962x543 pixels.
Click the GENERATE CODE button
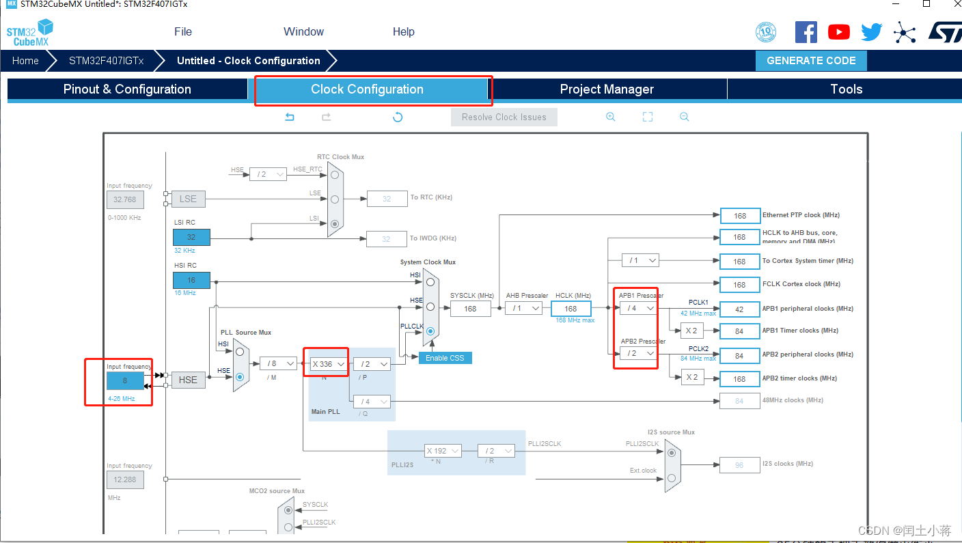(811, 61)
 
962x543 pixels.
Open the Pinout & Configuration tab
(127, 89)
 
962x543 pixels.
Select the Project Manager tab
(607, 89)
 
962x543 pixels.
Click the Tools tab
(846, 89)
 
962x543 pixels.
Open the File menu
(183, 32)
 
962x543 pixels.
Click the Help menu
(403, 32)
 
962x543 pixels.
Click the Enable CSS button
(445, 358)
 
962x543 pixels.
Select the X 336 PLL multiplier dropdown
(328, 364)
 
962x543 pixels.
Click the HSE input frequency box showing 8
(125, 380)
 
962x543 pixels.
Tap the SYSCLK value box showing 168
(470, 309)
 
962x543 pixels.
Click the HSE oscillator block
(188, 380)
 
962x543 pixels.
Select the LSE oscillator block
(188, 199)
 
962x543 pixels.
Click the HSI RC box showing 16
(191, 280)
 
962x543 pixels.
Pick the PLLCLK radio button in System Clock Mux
(430, 331)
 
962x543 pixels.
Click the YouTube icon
(838, 32)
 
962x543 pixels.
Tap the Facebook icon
(806, 32)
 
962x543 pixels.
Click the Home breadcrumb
(25, 61)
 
